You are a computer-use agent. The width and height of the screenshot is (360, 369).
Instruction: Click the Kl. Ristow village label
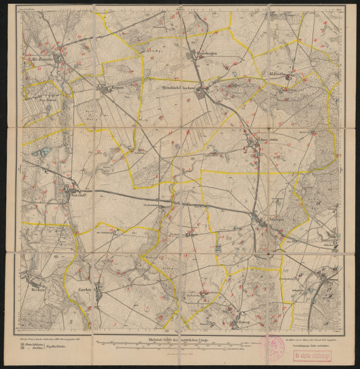point(281,77)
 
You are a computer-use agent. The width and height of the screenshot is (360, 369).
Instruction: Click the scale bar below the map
point(178,344)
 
